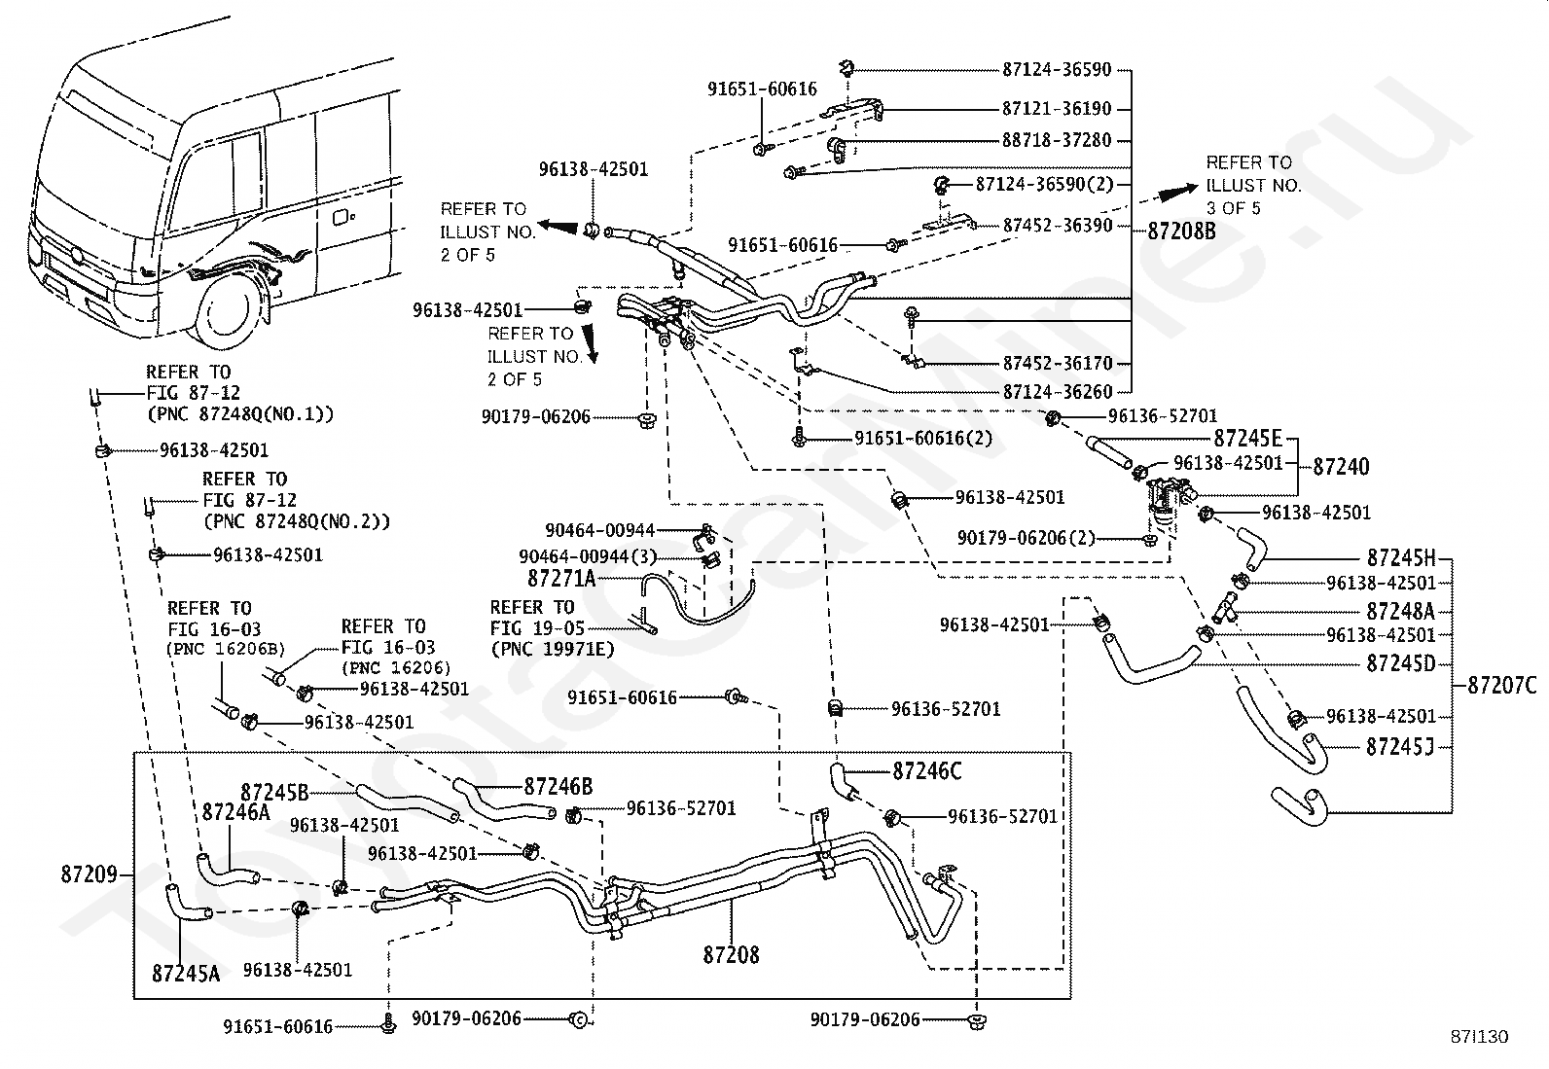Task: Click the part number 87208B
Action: pos(1181,231)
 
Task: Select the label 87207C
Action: pos(1501,686)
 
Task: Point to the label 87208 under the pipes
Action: pos(731,955)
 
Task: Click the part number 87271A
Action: pos(560,579)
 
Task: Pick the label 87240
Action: pos(1341,466)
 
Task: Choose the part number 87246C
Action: pos(926,771)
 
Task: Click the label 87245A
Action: pos(185,972)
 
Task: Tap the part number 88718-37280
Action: pos(1056,140)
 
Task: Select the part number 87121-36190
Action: pos(1056,109)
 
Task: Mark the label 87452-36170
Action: pos(1057,364)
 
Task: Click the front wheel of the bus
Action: pos(229,314)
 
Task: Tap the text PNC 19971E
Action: pos(553,649)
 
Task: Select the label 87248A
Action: pos(1400,611)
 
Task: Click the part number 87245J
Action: pos(1400,746)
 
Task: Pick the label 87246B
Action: pos(558,786)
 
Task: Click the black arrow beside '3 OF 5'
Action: pos(1176,192)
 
